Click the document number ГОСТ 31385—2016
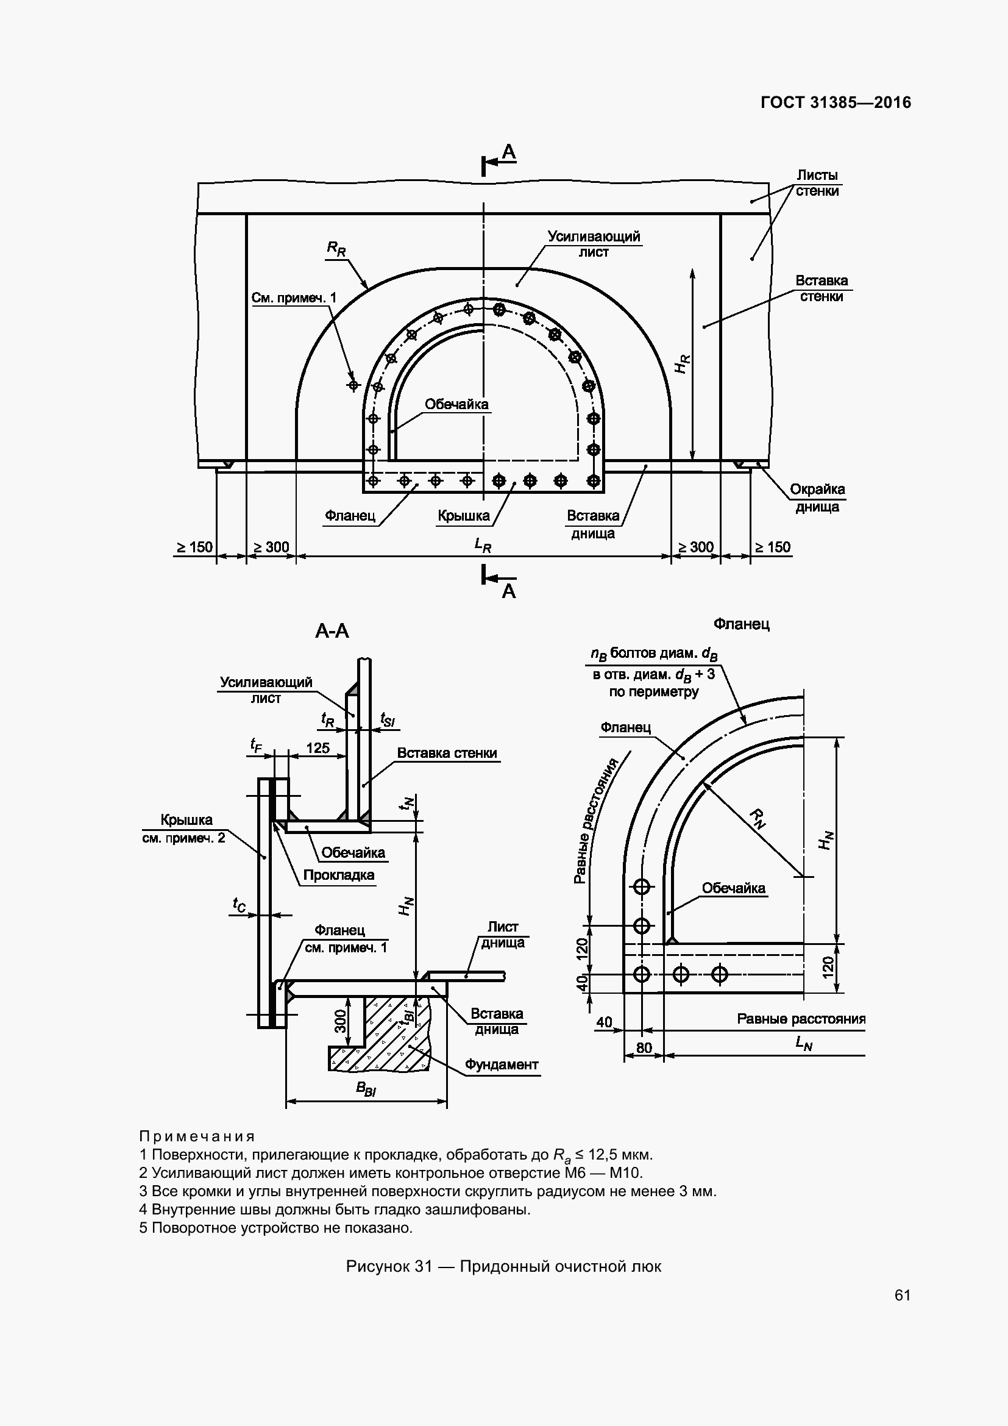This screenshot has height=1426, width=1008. (x=836, y=102)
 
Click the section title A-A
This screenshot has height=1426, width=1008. (x=332, y=631)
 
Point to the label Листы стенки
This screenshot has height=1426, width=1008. (x=817, y=184)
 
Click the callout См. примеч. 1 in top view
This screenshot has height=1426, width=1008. (x=294, y=298)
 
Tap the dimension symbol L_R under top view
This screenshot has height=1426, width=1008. (x=483, y=544)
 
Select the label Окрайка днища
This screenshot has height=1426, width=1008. (x=817, y=497)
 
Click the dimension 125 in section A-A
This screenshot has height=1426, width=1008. (x=318, y=748)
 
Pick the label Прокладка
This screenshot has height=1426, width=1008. (x=338, y=875)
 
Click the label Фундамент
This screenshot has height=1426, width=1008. (x=502, y=1064)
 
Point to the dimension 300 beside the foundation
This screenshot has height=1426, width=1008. (x=341, y=1021)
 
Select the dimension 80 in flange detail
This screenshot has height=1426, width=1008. (x=644, y=1048)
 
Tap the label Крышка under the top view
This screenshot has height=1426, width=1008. (x=464, y=516)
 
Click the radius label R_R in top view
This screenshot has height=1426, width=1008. (x=336, y=249)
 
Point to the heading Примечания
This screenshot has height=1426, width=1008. (x=197, y=1136)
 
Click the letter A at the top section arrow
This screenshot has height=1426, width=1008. (x=509, y=152)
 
